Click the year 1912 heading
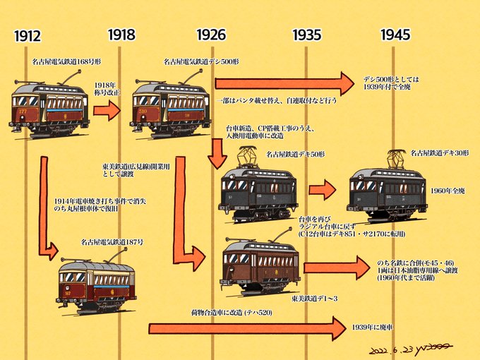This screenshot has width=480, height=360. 26,36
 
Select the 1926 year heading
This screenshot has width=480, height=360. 212,34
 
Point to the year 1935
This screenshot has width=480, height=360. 306,34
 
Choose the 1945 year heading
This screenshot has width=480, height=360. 395,34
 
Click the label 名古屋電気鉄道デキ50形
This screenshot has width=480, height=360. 296,153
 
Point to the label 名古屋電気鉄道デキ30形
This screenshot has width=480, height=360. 440,152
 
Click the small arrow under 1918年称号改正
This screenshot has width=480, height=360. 107,111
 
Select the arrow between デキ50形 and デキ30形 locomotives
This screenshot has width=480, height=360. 322,188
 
